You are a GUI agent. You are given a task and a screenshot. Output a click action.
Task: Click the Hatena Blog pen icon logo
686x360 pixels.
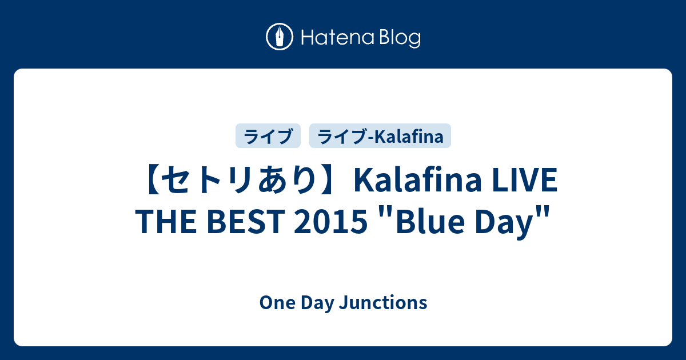280,37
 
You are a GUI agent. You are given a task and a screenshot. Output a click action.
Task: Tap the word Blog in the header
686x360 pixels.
400,39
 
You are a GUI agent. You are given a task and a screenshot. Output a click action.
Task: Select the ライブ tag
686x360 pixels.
268,136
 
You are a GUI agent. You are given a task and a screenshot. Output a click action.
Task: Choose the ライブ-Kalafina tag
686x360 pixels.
380,136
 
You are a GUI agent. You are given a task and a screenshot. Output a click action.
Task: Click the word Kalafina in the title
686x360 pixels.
418,181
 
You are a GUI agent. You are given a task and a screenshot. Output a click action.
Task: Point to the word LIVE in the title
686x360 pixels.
525,181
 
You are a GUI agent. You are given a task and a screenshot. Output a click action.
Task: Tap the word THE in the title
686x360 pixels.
166,221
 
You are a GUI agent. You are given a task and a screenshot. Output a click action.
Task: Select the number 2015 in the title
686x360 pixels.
330,221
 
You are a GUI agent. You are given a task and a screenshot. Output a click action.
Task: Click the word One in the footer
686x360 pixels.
277,303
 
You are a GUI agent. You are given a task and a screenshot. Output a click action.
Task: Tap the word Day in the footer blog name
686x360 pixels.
318,303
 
